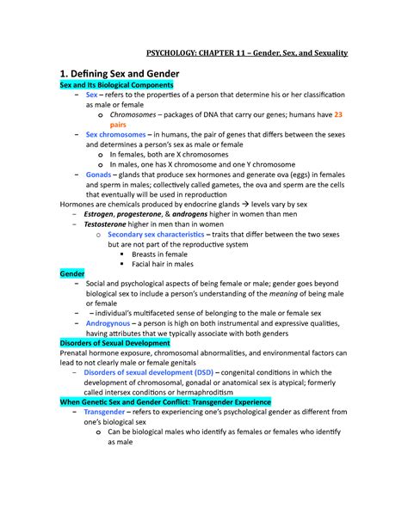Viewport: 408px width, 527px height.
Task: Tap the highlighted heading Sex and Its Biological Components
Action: [x=115, y=87]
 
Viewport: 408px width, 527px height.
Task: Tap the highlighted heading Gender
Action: [x=71, y=274]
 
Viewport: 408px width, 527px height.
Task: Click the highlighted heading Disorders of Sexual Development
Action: [x=114, y=343]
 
